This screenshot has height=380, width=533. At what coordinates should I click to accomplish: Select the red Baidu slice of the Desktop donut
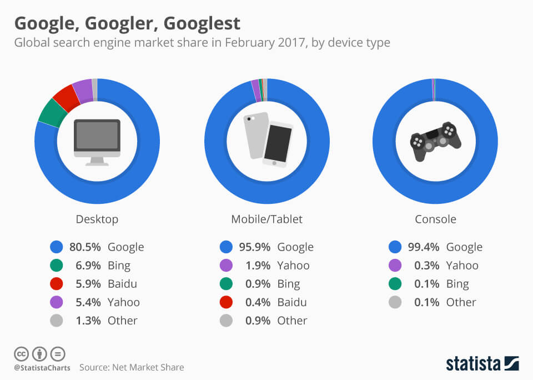tap(67, 97)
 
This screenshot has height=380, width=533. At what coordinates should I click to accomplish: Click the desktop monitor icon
tap(97, 142)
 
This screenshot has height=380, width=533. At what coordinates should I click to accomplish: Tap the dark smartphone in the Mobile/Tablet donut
tap(278, 144)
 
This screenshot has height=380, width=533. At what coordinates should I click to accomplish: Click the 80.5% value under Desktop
tap(85, 247)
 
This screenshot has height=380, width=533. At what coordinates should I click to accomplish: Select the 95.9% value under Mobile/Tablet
tap(255, 247)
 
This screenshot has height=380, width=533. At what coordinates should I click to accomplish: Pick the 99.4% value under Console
tap(424, 247)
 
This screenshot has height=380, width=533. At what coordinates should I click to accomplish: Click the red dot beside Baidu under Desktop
tap(56, 283)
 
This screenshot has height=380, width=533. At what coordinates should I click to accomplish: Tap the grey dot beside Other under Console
tap(395, 302)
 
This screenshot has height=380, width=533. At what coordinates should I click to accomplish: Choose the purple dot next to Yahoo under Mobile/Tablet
tap(225, 265)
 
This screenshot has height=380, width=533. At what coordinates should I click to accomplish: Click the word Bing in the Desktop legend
tap(119, 265)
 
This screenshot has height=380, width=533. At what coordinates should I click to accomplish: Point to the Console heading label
tap(436, 219)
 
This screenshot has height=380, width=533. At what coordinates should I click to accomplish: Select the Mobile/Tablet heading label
tap(267, 219)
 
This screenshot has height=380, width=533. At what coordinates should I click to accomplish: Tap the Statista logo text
tap(472, 363)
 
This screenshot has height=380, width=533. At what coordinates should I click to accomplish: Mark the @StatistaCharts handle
tap(42, 367)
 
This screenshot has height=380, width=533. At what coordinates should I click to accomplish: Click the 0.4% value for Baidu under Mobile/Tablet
tap(258, 302)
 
